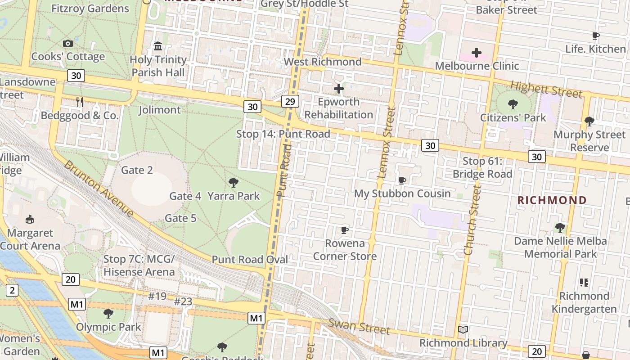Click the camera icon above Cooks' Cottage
coord(68,43)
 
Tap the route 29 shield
coord(290,101)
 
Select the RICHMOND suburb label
coord(552,200)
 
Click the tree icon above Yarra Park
coord(233,182)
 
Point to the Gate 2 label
coord(137,170)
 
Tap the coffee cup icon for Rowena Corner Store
coord(345,230)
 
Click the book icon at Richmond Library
coord(463,329)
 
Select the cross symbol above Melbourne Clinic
coord(477,53)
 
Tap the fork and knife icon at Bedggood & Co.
coord(80,102)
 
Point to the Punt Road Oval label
coord(250,260)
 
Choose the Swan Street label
coord(359,326)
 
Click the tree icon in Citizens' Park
coord(513,105)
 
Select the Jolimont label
coord(159,110)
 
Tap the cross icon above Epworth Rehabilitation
coord(339,89)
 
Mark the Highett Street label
coord(546,89)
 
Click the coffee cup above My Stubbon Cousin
coord(402,180)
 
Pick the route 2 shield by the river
coord(12,290)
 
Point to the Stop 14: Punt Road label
coord(283,134)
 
